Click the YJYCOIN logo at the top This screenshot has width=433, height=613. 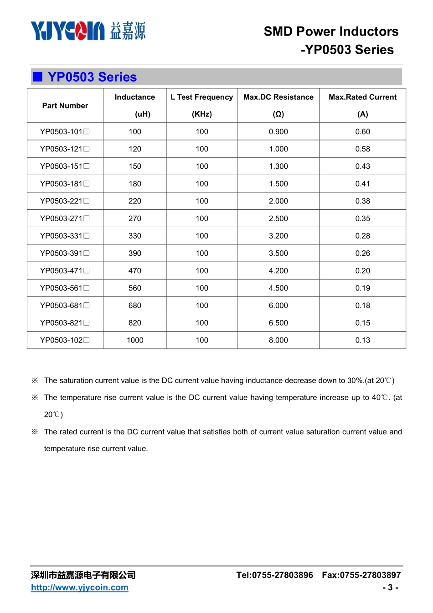click(x=88, y=31)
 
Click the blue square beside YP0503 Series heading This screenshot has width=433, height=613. click(x=38, y=77)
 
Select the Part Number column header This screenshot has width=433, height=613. click(x=65, y=106)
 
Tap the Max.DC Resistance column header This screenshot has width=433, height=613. click(x=278, y=97)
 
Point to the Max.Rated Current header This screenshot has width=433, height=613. click(x=362, y=97)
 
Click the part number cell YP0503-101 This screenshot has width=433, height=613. click(x=65, y=132)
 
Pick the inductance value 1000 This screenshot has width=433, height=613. click(x=135, y=340)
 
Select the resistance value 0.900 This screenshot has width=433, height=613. click(x=278, y=132)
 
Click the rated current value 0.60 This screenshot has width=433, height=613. click(x=362, y=132)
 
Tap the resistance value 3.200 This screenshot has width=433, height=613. click(x=278, y=236)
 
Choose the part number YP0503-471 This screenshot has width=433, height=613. click(x=65, y=271)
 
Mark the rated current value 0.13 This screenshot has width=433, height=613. click(x=362, y=340)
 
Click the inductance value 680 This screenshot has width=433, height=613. click(x=135, y=306)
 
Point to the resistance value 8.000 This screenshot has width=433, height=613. click(x=278, y=340)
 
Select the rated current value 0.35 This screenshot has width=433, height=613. click(x=362, y=218)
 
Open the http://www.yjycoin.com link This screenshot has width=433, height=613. click(x=80, y=587)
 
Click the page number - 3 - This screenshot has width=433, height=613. click(x=390, y=587)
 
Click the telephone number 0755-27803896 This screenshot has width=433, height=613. click(x=283, y=575)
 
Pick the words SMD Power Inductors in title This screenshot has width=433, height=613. click(x=331, y=31)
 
